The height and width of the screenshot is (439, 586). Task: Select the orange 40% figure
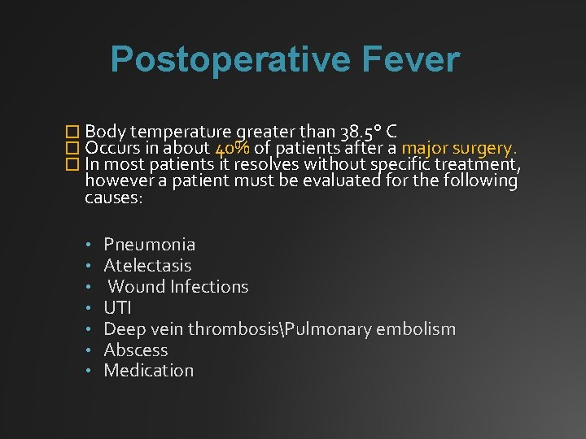click(232, 149)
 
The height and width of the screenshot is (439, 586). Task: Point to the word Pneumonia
click(150, 244)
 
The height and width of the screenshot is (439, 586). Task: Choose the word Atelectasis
click(148, 265)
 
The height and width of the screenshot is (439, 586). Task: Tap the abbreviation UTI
click(117, 307)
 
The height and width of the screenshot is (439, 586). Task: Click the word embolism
click(414, 328)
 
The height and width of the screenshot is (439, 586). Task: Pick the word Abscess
click(136, 350)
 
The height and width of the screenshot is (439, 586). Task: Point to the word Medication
click(149, 371)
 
